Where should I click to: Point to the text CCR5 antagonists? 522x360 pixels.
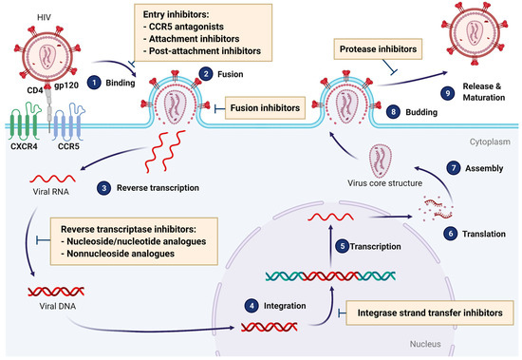coord(196,35)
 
